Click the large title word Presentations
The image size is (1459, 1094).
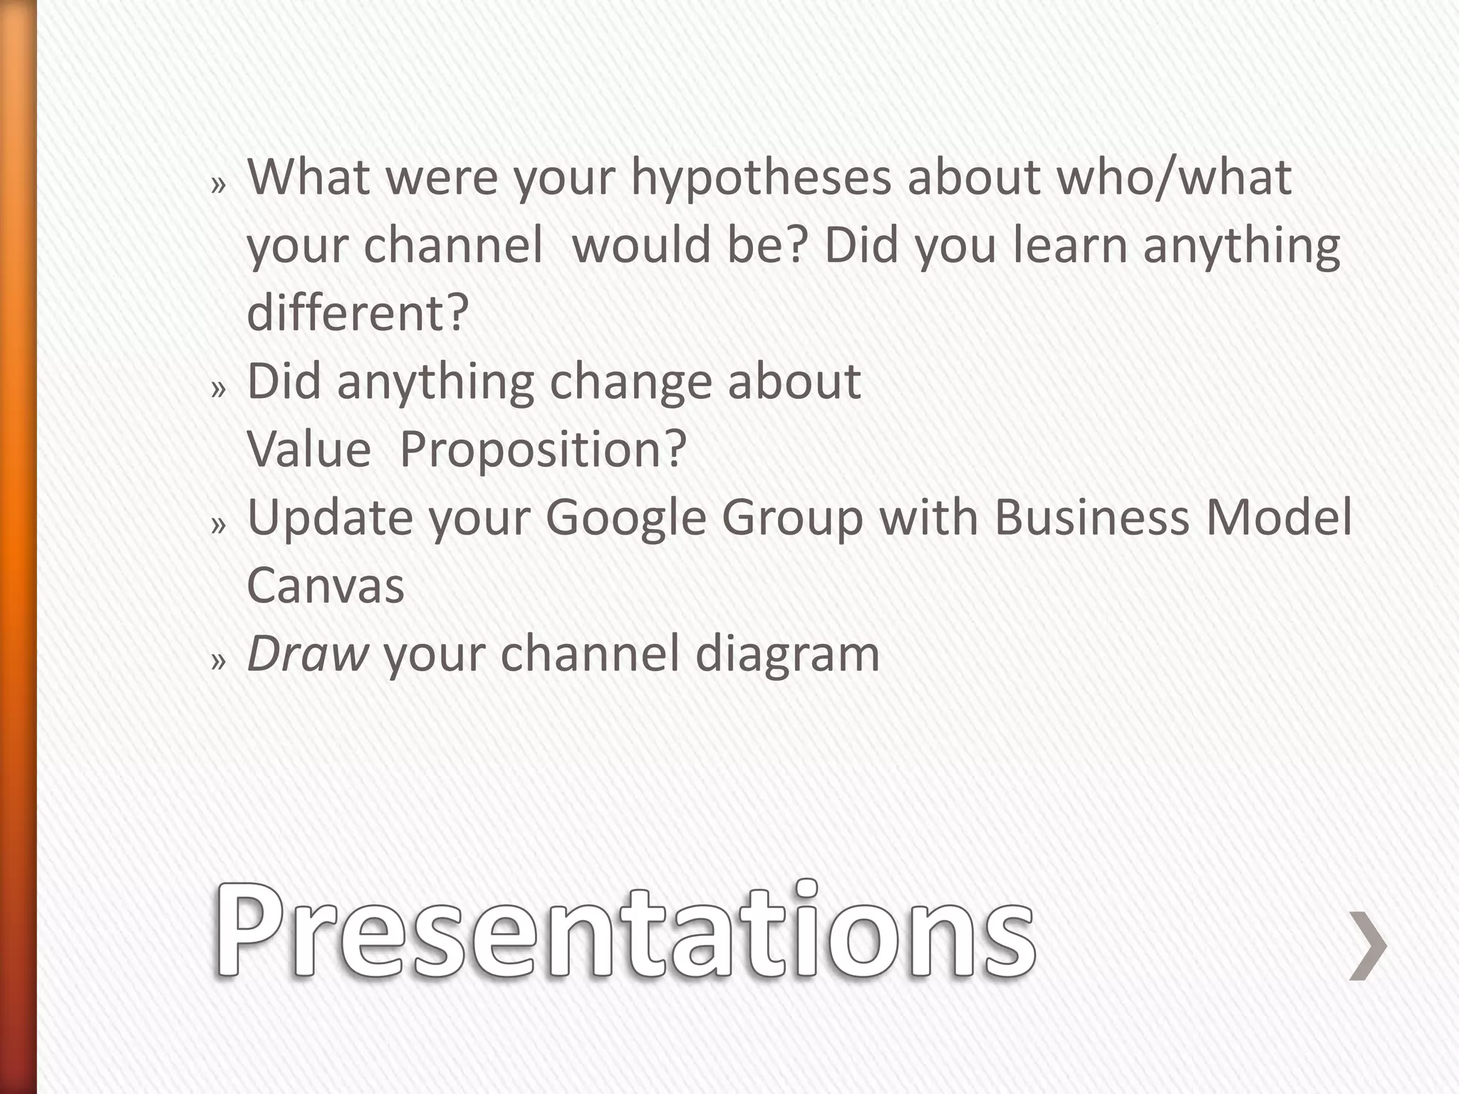[x=624, y=930]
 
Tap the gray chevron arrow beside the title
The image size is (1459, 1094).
[x=1368, y=946]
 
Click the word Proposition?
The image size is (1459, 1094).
[x=543, y=450]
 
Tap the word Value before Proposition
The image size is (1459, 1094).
[x=308, y=450]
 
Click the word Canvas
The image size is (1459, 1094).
[x=326, y=585]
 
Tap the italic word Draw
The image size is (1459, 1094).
[x=307, y=653]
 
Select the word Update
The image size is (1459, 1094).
[x=329, y=519]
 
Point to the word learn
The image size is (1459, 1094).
[x=1069, y=245]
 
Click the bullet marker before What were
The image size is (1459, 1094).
[x=218, y=186]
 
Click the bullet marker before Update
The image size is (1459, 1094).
[x=218, y=526]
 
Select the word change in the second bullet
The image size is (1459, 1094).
[x=630, y=383]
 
